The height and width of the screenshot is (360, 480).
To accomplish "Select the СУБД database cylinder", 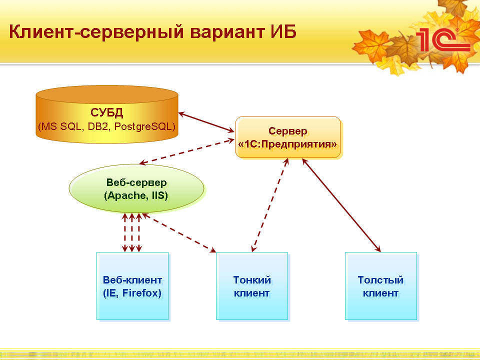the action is tap(107, 114).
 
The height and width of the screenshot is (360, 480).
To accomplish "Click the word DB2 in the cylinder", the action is tap(98, 126).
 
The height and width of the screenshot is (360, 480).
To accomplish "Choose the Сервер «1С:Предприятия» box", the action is tap(288, 137).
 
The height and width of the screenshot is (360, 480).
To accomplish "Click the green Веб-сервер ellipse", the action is tap(136, 188).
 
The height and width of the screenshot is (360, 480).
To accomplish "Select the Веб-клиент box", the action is tap(132, 286).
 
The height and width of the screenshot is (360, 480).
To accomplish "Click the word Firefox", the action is tap(141, 293).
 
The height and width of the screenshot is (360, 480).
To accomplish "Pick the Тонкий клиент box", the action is tap(252, 286).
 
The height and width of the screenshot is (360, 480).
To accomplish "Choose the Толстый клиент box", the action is tap(381, 286).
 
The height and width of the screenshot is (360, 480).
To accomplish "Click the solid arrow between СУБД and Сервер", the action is tap(206, 122).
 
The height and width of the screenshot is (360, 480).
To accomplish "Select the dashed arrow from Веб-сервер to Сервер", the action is tap(187, 151).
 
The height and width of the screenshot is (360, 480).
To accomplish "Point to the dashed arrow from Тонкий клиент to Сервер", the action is tap(270, 205).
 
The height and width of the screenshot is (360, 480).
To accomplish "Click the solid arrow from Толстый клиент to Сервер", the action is tap(341, 205).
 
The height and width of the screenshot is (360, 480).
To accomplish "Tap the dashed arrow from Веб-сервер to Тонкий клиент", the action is tap(179, 232).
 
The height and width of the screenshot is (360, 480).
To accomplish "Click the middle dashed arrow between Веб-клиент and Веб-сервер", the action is tap(132, 232).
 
